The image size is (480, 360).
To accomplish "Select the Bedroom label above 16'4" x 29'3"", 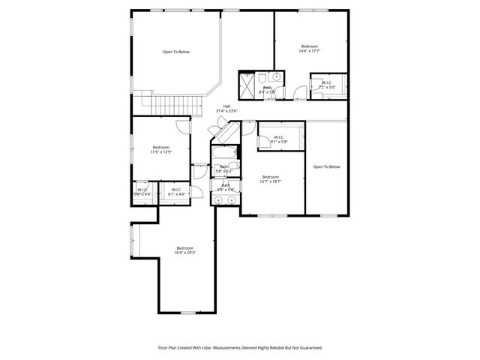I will (185, 248).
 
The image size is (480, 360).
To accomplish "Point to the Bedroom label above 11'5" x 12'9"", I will (161, 147).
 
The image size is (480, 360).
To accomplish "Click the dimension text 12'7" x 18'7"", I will (270, 181).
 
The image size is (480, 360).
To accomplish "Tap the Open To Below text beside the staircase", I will (176, 52).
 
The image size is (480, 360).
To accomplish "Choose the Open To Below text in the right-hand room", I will (326, 166).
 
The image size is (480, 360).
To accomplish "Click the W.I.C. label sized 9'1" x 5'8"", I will (277, 136).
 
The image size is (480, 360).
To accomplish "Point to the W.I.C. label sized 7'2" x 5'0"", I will (328, 82).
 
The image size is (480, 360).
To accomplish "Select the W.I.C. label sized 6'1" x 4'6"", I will (177, 190).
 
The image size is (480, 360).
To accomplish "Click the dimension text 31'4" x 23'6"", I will (227, 112).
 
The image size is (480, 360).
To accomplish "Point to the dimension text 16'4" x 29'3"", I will (185, 253).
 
